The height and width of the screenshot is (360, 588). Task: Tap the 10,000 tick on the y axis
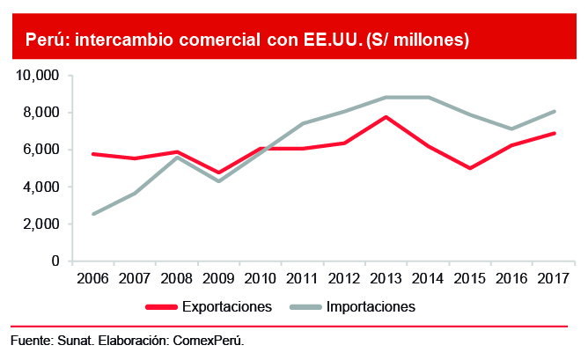37,76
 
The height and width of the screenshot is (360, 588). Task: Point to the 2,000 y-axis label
40,224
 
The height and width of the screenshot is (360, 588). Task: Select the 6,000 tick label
40,150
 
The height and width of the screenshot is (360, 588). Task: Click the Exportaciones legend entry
226,307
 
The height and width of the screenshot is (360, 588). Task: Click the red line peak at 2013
386,117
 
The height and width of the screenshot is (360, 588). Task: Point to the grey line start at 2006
93,214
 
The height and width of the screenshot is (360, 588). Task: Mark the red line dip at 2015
471,168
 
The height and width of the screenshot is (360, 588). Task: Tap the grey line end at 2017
555,111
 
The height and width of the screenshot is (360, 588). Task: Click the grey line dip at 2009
219,181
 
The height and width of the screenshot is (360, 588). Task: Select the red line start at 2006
93,154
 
